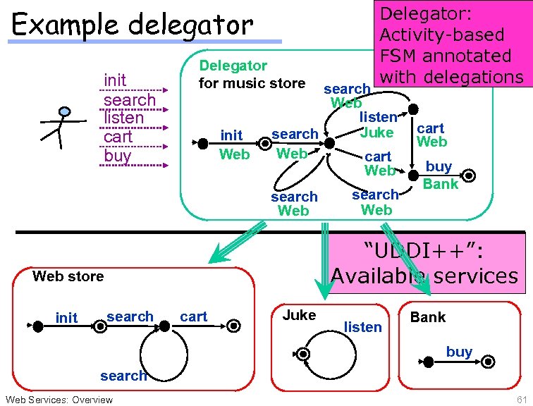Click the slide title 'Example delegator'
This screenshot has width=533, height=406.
[133, 25]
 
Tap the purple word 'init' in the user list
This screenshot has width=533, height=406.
[115, 80]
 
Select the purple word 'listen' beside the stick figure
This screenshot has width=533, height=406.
[123, 118]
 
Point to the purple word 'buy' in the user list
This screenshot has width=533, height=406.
[117, 155]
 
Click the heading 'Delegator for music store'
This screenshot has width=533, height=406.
[252, 75]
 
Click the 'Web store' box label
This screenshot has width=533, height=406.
[68, 276]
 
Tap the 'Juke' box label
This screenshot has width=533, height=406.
[299, 315]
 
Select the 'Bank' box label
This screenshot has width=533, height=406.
[428, 317]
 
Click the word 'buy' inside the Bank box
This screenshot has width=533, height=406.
[459, 351]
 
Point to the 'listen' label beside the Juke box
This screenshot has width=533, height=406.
[362, 326]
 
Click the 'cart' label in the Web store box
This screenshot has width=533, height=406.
[194, 316]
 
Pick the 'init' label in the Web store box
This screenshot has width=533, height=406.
[66, 318]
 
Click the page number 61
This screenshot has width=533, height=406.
[521, 400]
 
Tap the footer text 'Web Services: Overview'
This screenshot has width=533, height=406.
[58, 400]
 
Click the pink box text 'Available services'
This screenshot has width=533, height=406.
[424, 274]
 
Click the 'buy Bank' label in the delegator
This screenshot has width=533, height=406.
[440, 176]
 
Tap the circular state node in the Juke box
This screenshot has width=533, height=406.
[303, 353]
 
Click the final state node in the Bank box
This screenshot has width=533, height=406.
[486, 362]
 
